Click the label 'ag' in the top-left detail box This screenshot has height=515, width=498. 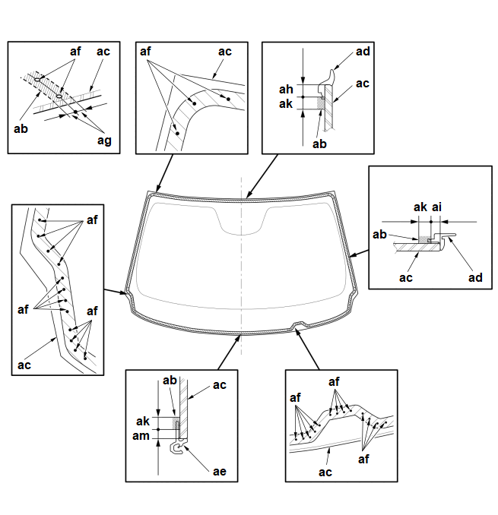point(104,141)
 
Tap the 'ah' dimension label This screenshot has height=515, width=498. point(286,90)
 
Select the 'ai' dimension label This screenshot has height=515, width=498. point(436,207)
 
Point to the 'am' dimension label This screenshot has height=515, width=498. point(141,436)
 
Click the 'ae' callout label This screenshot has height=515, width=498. point(220,472)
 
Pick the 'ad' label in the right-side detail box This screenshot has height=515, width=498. point(475,278)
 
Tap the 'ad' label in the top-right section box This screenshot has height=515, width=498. point(363,52)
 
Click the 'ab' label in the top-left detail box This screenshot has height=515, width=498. point(21,129)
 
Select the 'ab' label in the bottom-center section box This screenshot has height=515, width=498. point(170,381)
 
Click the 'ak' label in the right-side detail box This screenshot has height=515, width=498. point(420,207)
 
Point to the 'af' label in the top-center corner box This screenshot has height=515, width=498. point(145,52)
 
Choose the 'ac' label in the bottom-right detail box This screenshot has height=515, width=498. point(325,472)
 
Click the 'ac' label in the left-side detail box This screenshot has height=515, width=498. point(24,365)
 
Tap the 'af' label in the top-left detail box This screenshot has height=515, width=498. point(75,51)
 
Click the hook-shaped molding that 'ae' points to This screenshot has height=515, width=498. point(178,447)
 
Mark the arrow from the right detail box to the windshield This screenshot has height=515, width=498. point(359,253)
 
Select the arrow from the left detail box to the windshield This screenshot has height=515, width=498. point(116,292)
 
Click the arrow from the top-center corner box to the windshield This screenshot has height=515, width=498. point(164,173)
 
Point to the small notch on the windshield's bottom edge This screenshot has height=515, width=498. point(299,325)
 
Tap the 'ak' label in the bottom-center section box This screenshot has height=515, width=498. point(143,422)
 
